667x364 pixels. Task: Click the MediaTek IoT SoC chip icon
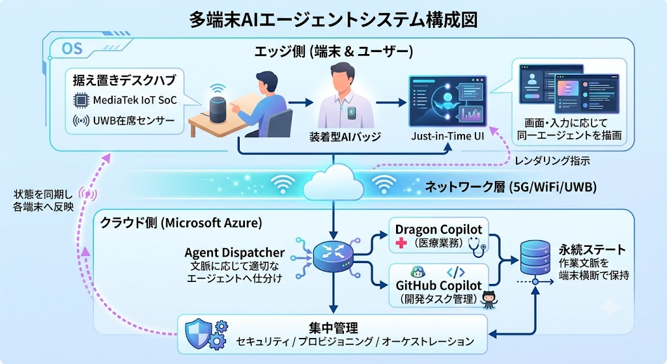pos(81,100)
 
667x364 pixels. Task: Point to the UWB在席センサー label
pos(133,120)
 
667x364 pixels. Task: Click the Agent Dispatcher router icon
pos(333,257)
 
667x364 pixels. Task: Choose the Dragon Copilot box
pos(438,236)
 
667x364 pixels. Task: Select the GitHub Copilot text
pos(438,285)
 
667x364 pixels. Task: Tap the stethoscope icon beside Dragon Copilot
pos(477,246)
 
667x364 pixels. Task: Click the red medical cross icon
pos(401,244)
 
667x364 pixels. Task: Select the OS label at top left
pos(72,48)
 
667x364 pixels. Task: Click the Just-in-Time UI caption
pos(447,136)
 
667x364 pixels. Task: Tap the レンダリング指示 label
pos(552,161)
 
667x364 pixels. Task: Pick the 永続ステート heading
pos(592,249)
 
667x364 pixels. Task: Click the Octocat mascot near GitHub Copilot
pos(489,300)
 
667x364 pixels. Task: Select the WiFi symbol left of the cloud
pos(283,183)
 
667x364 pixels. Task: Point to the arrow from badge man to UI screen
pos(391,102)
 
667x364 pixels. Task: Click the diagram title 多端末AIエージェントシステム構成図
pos(333,20)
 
